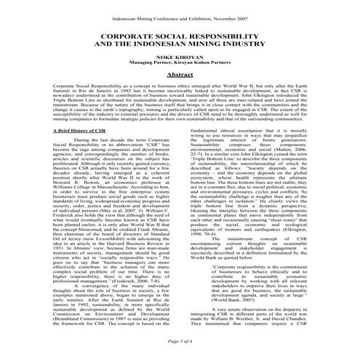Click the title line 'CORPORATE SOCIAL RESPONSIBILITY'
pos(180,34)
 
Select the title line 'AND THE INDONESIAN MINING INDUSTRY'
pos(180,43)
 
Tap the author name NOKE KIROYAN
pos(180,56)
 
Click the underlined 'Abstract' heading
pos(180,75)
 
